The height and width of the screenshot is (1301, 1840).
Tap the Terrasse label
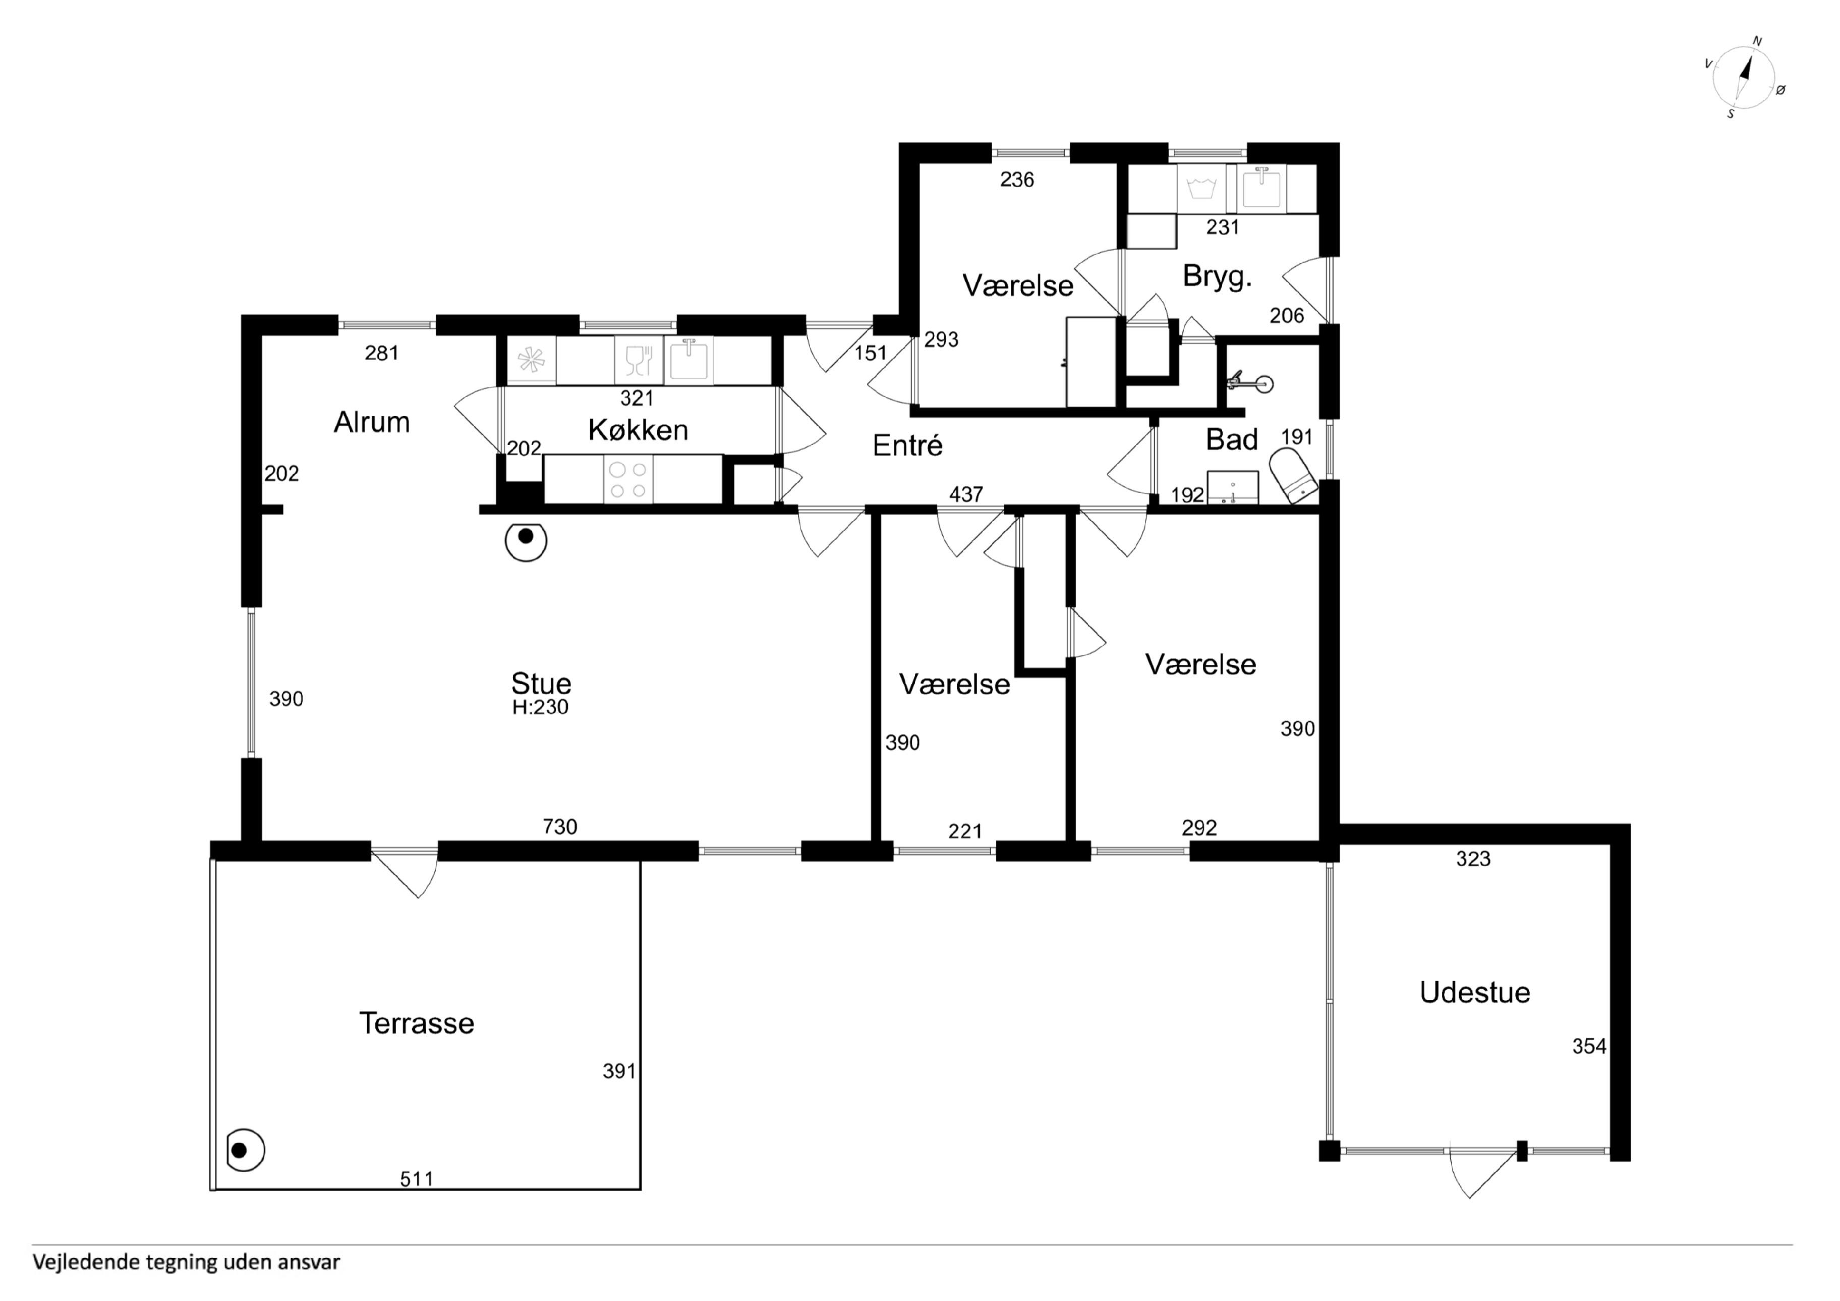click(x=416, y=1023)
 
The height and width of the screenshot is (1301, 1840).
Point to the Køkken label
click(x=638, y=430)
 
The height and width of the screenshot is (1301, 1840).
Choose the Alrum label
click(x=372, y=422)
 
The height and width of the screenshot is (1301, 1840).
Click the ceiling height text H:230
click(x=540, y=707)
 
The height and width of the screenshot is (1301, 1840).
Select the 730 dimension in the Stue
click(x=559, y=826)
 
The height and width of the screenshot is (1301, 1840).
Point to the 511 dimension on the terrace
click(x=417, y=1178)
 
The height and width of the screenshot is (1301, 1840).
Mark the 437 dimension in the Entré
click(x=966, y=494)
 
